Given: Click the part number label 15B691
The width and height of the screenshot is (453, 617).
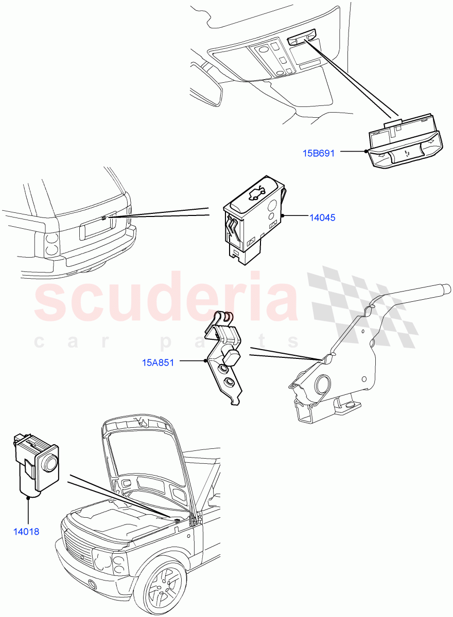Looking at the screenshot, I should (318, 153).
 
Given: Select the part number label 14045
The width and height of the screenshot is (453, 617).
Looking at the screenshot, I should (322, 217).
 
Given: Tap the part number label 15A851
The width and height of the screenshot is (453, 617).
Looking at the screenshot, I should (158, 362).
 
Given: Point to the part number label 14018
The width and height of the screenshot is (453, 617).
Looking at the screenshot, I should (26, 532).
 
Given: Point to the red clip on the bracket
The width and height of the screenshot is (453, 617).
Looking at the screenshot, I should (230, 317).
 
